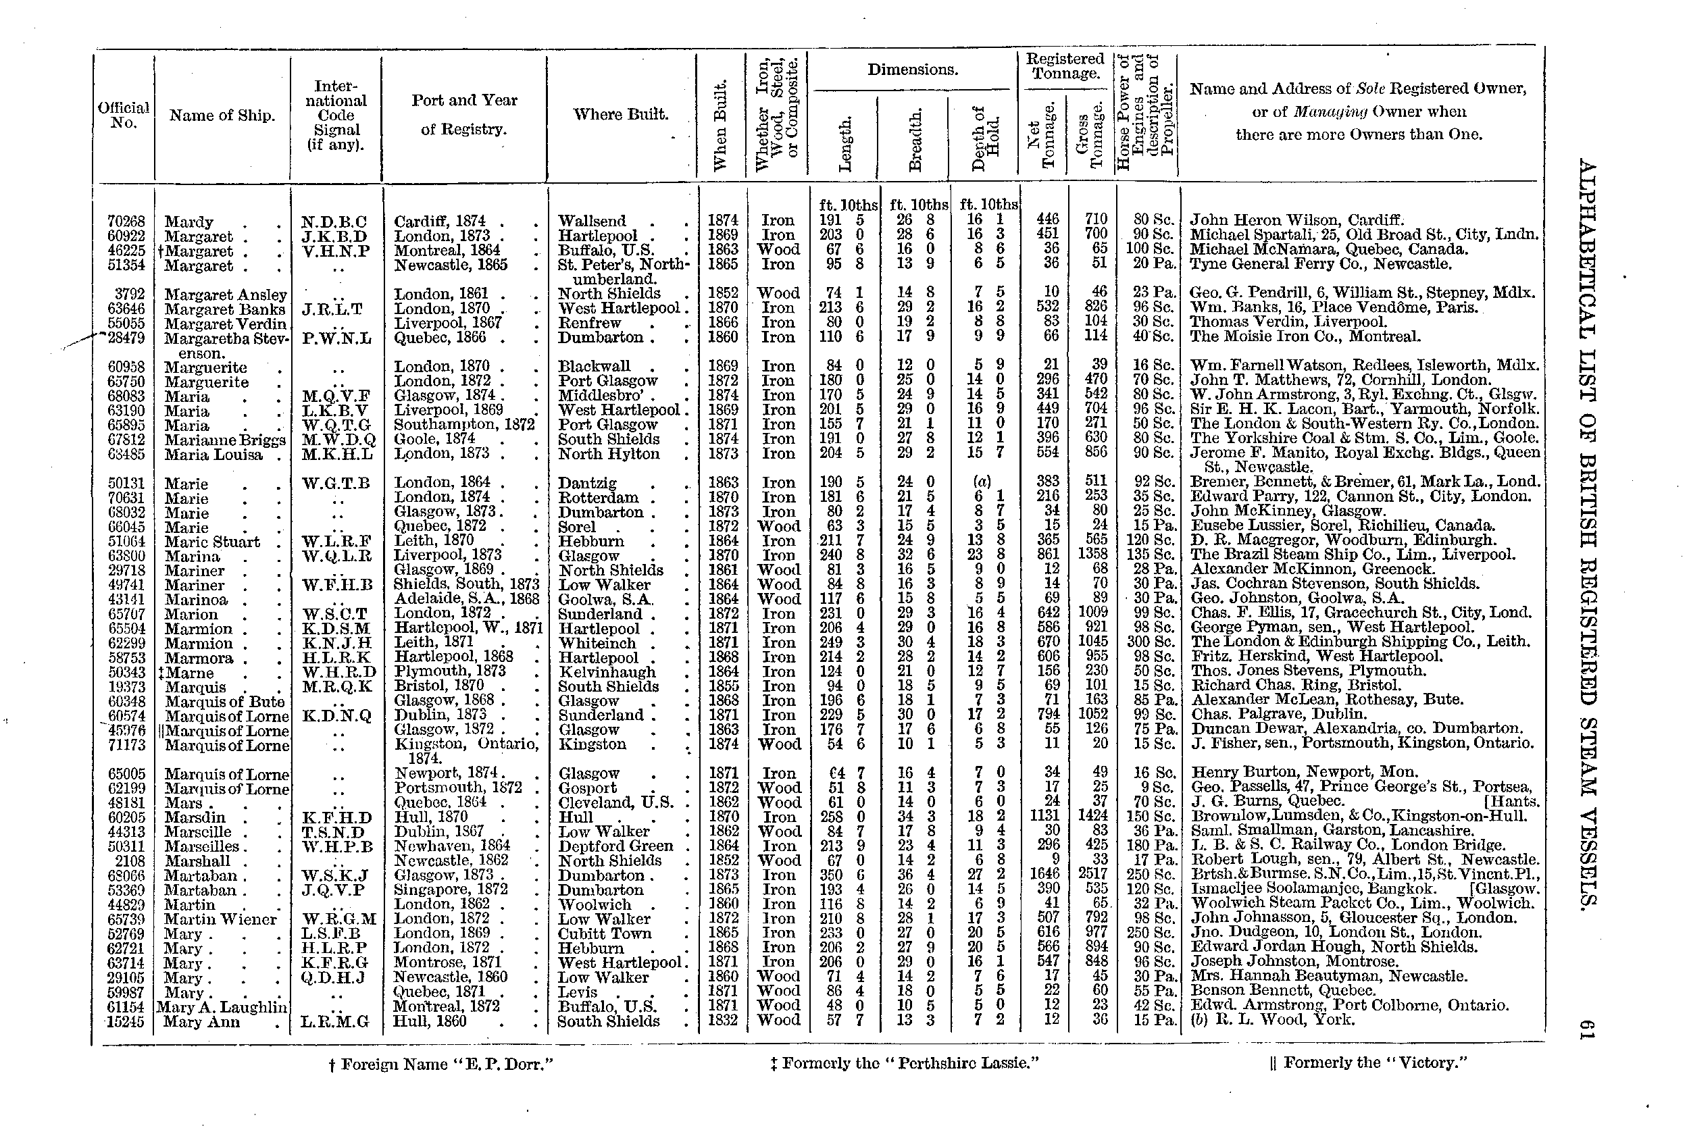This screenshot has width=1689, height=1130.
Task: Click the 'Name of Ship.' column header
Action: (x=222, y=115)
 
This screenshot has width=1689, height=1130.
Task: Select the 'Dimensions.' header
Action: (x=912, y=70)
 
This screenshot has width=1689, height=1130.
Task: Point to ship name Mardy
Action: (x=189, y=222)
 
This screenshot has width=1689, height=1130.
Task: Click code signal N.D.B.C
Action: (x=334, y=222)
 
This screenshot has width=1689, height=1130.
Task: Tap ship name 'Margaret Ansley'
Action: (x=225, y=294)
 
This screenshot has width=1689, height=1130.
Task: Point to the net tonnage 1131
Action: (x=1047, y=817)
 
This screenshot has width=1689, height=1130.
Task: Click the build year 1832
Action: (x=723, y=1021)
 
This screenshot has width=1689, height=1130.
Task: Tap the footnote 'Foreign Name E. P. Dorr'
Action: (x=440, y=1064)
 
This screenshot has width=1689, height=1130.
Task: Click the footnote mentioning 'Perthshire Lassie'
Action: (x=904, y=1063)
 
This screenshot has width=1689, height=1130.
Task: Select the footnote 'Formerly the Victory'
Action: (x=1367, y=1063)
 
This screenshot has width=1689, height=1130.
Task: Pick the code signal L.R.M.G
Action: (x=335, y=1021)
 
